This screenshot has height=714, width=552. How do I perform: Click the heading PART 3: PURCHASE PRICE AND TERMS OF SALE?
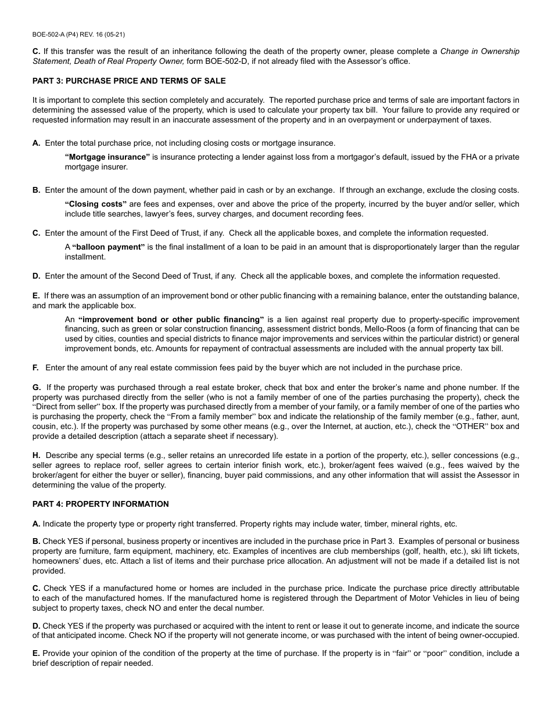click(129, 81)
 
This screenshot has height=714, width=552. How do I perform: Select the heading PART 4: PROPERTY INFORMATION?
click(101, 504)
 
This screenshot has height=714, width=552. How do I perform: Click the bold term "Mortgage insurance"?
click(107, 157)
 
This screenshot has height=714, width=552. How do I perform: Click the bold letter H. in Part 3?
click(36, 456)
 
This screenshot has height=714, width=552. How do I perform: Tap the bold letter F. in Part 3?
click(36, 367)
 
